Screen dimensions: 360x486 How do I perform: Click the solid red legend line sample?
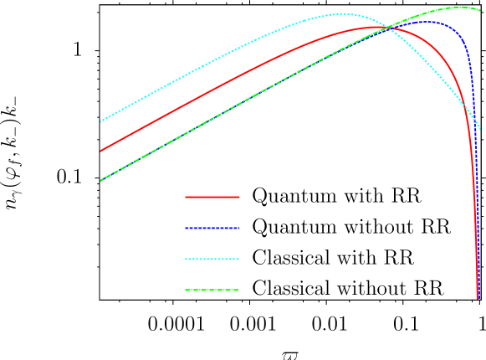click(212, 197)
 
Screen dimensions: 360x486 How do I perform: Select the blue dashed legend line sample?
click(212, 228)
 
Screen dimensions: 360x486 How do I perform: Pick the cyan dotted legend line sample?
click(212, 259)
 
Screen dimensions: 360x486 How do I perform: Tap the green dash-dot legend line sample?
click(212, 290)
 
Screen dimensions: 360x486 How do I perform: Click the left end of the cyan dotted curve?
click(101, 121)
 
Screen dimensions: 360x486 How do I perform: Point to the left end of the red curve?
click(101, 151)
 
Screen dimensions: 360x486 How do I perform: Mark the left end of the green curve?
click(101, 180)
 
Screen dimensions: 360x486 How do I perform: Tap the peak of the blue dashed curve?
click(425, 21)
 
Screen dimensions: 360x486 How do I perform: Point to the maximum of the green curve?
click(460, 7)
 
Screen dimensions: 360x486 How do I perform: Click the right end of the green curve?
click(480, 10)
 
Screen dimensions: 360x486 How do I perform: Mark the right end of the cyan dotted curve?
click(480, 129)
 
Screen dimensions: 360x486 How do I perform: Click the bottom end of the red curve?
click(478, 297)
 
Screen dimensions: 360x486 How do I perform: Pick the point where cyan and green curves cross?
click(387, 28)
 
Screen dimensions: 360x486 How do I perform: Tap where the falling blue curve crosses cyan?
click(473, 117)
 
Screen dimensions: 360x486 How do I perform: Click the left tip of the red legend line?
click(186, 197)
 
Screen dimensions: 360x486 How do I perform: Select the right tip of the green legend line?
click(239, 290)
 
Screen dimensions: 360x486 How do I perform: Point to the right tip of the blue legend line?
click(239, 228)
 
